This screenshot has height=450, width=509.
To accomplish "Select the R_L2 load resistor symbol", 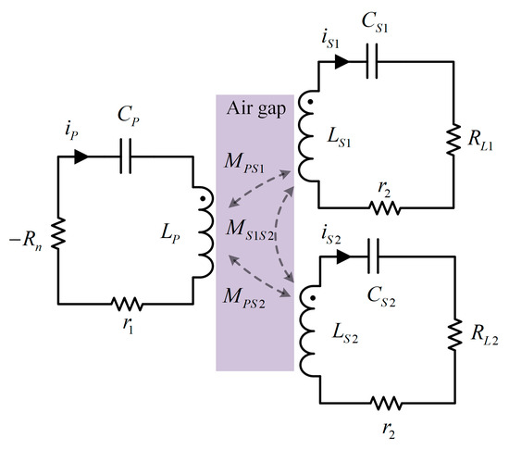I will click(454, 334).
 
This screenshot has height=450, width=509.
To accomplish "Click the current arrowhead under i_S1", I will click(341, 62).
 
